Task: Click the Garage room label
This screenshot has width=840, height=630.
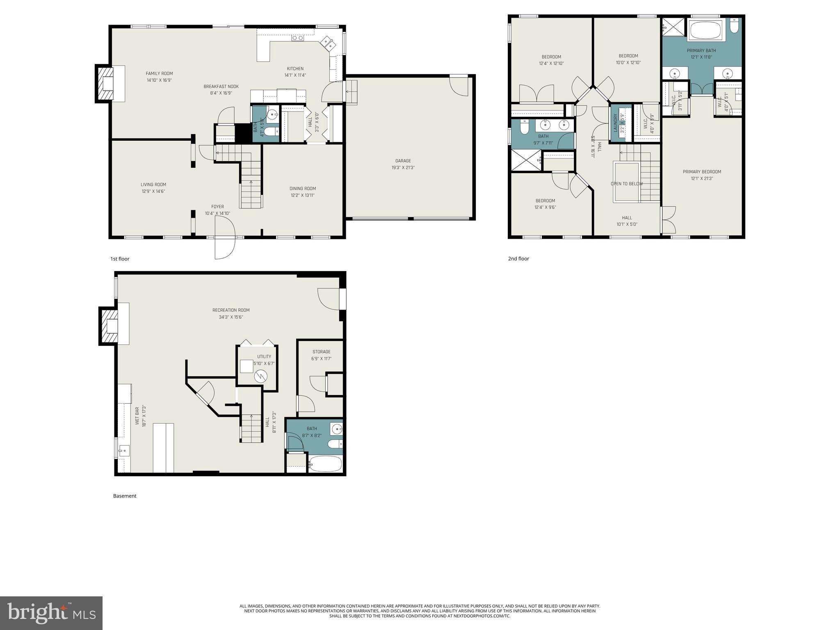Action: coord(403,161)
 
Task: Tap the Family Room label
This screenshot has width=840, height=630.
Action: coord(159,73)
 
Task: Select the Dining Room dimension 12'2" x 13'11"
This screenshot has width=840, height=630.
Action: coord(303,195)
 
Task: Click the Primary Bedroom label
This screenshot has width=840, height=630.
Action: coord(701,171)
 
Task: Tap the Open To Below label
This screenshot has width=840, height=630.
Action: coord(626,184)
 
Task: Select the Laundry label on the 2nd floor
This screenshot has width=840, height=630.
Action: coord(615,123)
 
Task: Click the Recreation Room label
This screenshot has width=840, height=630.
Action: coord(231,310)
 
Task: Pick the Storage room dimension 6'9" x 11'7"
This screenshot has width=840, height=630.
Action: coord(321,358)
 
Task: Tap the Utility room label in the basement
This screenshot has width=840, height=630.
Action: coord(264,356)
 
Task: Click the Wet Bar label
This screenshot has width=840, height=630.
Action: coord(137,416)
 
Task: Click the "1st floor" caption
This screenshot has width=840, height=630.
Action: coord(120,259)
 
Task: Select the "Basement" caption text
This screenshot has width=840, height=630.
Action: coord(125,496)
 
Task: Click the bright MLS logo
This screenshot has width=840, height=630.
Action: coord(51,613)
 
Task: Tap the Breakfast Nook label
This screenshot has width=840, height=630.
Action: coord(221,87)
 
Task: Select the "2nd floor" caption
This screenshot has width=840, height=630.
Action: coord(518,258)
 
